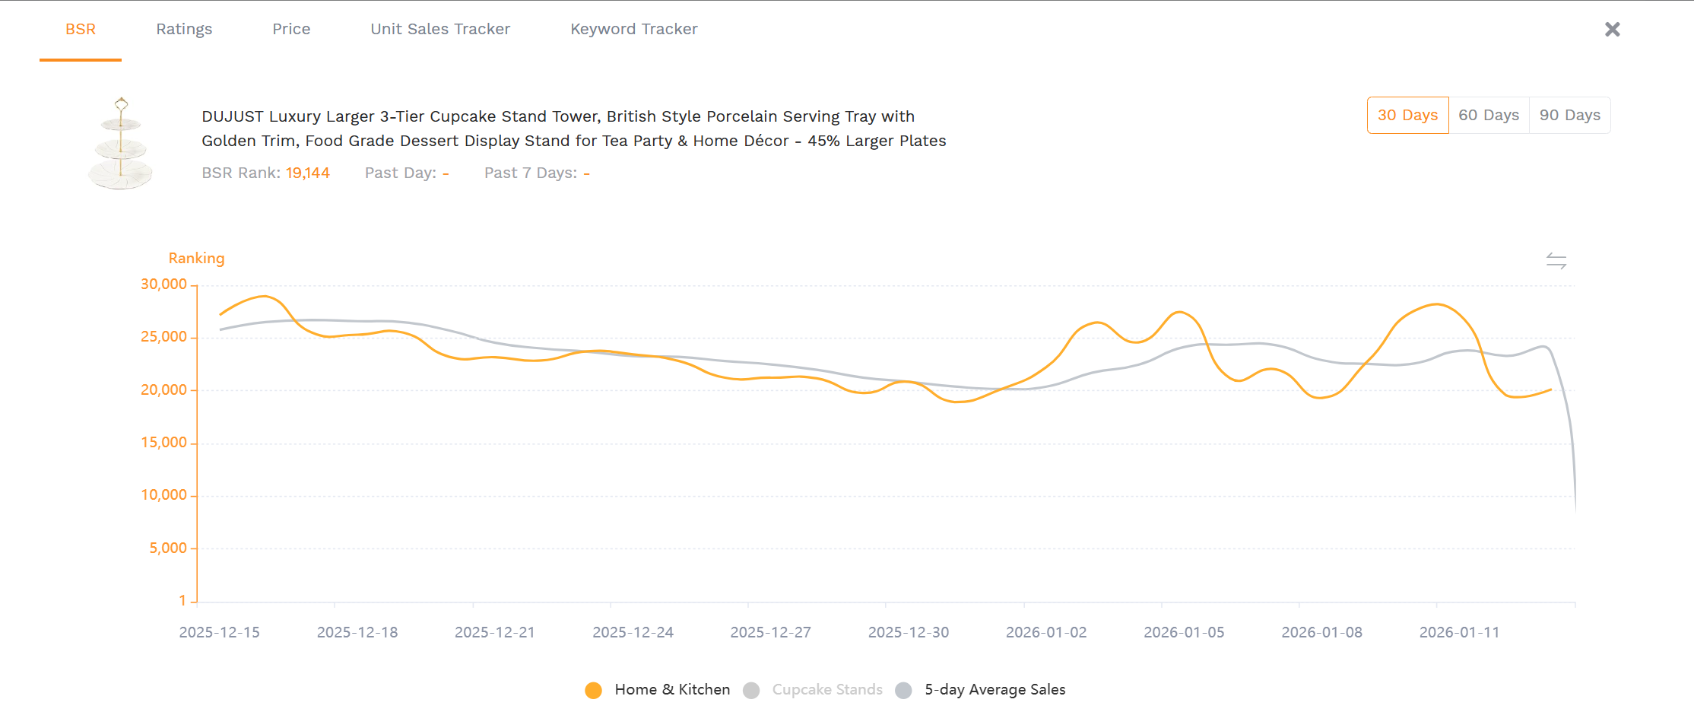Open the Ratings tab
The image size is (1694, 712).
(184, 29)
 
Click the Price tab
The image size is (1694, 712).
(291, 29)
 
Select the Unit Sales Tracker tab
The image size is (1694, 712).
(440, 29)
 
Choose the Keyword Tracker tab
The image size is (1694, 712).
(633, 29)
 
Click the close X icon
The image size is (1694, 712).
(1612, 30)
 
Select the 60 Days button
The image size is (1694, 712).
(1488, 116)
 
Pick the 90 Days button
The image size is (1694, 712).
(1569, 116)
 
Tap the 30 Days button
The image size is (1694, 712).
(1407, 116)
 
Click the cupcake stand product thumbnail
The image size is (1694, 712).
(121, 144)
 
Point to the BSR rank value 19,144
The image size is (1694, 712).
(307, 173)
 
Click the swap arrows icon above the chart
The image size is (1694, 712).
(1556, 261)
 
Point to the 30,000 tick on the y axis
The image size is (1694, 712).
(163, 284)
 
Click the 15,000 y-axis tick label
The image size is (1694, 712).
(163, 443)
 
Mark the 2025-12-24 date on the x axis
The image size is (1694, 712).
(633, 633)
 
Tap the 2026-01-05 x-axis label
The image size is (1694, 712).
(1184, 633)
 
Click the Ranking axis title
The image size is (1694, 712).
(196, 259)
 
